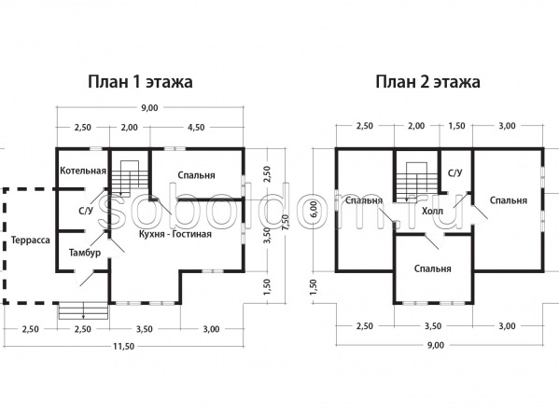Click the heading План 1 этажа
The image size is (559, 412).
(x=140, y=82)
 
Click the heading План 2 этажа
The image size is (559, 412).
(x=427, y=82)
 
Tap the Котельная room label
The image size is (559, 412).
(x=83, y=171)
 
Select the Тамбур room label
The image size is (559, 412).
(x=85, y=253)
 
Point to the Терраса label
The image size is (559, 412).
(x=31, y=240)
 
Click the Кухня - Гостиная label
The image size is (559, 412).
(x=175, y=234)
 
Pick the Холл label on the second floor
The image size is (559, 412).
(x=432, y=212)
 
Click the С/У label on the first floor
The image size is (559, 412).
(x=86, y=211)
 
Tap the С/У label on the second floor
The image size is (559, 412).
(x=454, y=173)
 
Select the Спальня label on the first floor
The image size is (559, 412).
(x=196, y=175)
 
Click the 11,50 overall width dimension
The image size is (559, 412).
(x=124, y=346)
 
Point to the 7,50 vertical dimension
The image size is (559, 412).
(x=285, y=224)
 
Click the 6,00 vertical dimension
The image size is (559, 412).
(x=313, y=209)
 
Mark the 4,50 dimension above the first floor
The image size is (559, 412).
(x=195, y=127)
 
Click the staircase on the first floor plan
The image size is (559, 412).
(x=129, y=178)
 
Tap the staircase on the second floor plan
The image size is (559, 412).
(x=416, y=182)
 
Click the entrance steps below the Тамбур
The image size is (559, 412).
(x=83, y=310)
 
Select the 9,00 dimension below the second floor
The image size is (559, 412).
(x=436, y=345)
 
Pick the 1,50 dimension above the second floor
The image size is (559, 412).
(x=456, y=126)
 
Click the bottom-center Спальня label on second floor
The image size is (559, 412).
(x=432, y=268)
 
